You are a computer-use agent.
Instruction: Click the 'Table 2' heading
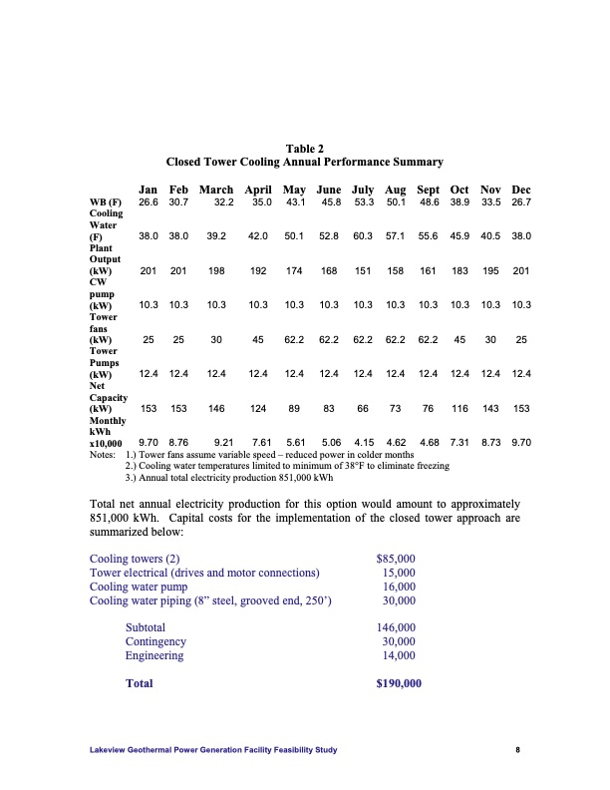304,148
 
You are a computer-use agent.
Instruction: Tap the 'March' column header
216,190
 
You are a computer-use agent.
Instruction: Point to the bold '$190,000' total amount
399,683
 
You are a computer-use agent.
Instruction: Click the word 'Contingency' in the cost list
155,641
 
